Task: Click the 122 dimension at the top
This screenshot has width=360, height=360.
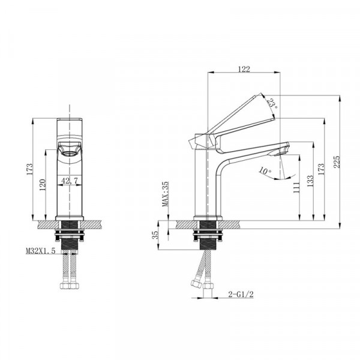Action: pyautogui.click(x=244, y=70)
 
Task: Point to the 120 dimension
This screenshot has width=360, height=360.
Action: pyautogui.click(x=43, y=186)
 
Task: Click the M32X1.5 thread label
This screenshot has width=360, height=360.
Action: pyautogui.click(x=40, y=251)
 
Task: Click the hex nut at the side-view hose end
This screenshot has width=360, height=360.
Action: pyautogui.click(x=195, y=284)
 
